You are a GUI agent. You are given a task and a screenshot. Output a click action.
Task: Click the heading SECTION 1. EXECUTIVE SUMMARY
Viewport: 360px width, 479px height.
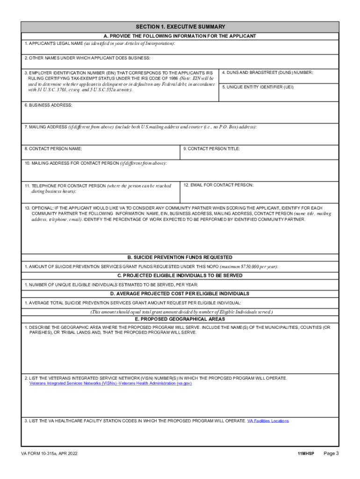(x=180, y=27)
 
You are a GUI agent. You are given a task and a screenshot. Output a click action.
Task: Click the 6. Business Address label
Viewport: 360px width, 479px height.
(x=49, y=105)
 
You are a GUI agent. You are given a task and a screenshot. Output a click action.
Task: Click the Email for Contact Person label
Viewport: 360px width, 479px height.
(x=218, y=185)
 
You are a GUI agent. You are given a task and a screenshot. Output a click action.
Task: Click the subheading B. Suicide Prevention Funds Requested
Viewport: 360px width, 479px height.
(x=180, y=257)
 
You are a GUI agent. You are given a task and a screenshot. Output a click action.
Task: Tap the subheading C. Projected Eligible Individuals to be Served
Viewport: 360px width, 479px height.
(x=180, y=276)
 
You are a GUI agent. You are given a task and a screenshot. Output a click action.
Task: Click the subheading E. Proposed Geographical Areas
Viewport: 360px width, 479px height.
(x=180, y=319)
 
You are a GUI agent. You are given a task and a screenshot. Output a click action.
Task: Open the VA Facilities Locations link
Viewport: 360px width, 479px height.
(x=268, y=421)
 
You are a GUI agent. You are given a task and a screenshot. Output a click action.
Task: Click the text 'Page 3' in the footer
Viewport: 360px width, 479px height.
(x=331, y=454)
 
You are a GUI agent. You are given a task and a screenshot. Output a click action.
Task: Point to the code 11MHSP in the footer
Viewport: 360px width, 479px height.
(x=305, y=454)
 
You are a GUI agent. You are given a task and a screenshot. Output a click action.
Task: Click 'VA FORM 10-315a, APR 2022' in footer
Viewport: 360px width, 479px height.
(x=53, y=454)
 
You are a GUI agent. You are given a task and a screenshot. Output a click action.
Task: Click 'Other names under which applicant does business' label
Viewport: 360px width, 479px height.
(x=87, y=58)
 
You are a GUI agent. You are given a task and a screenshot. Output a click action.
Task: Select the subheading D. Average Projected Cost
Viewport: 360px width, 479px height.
(x=180, y=294)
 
